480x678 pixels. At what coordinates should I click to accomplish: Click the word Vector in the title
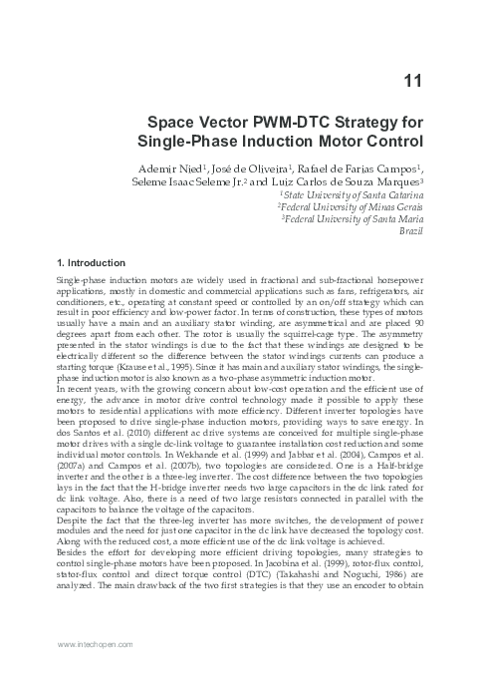pos(234,121)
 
